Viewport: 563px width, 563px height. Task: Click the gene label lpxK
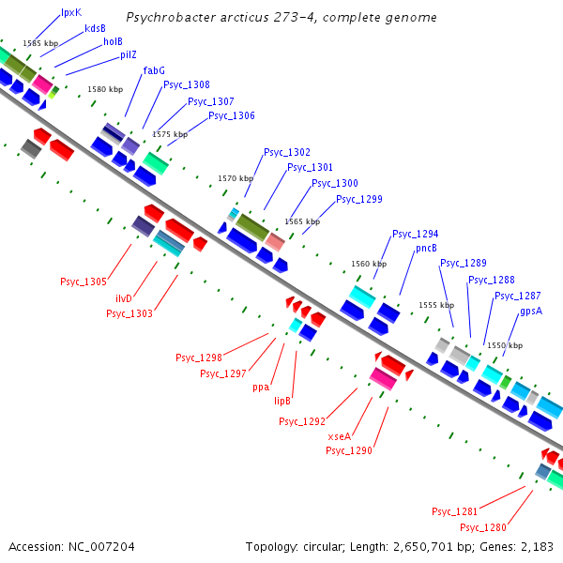click(71, 13)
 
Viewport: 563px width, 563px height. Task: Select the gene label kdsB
click(95, 28)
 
